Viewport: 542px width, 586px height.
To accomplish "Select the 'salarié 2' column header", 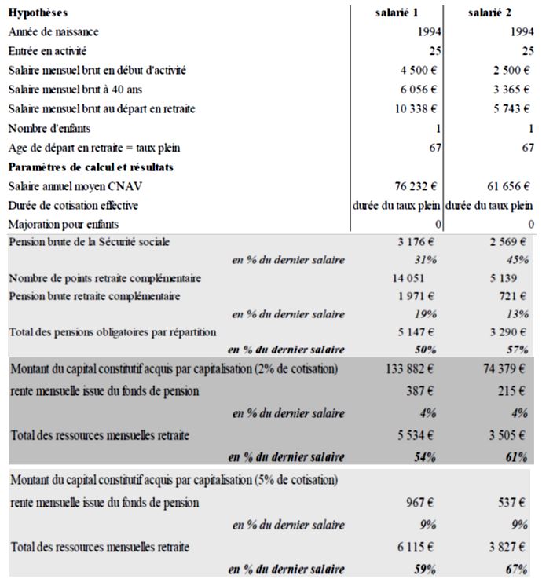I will (490, 13).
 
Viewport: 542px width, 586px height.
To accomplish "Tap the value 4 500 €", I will (420, 70).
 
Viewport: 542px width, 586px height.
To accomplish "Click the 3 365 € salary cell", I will (511, 89).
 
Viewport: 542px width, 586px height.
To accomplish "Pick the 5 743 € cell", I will (511, 108).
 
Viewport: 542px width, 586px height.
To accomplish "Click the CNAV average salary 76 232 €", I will (417, 186).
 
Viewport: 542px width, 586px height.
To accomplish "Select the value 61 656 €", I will (508, 186).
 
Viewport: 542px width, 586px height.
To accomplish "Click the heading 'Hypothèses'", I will (38, 13).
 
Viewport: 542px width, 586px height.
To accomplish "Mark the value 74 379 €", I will (504, 368).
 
